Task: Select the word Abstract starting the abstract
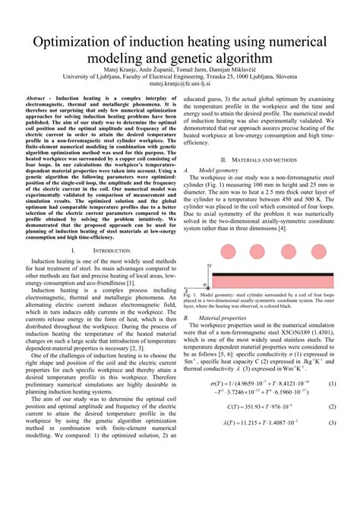[x=39, y=100]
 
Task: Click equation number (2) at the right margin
[x=332, y=450]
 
